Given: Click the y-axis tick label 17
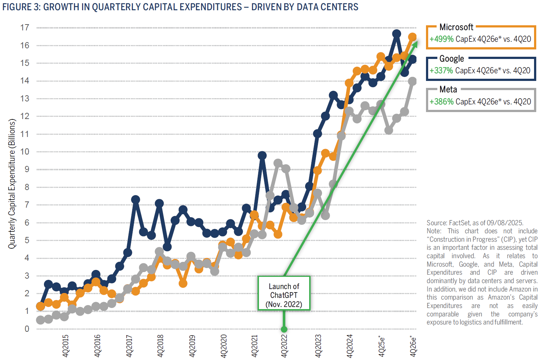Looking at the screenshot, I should pos(25,27).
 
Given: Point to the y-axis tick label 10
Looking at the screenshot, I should pos(25,152).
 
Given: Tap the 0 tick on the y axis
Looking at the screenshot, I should pos(27,329).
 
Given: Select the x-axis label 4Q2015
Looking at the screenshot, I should pos(66,346).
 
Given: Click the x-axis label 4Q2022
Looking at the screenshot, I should pos(284,346).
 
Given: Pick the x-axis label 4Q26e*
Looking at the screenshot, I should pos(413,346).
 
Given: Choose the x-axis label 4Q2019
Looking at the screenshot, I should pos(192,346).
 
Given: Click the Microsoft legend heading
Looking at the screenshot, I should pos(456,27).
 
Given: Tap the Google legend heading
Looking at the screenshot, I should pos(451,59).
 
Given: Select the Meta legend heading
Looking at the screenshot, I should pos(448,89).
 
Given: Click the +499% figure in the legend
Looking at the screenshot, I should pos(441,39).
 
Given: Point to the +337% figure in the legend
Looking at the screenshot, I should pos(441,71).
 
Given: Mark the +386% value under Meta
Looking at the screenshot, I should pos(441,102).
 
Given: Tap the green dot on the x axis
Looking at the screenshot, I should pos(284,329).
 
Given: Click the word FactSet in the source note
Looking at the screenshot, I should pos(459,223).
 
